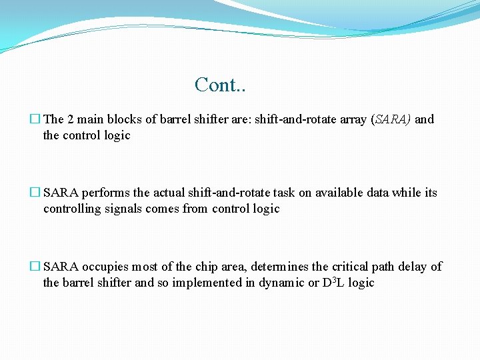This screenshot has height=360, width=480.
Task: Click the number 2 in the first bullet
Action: [71, 119]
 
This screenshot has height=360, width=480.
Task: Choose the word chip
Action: [204, 267]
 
